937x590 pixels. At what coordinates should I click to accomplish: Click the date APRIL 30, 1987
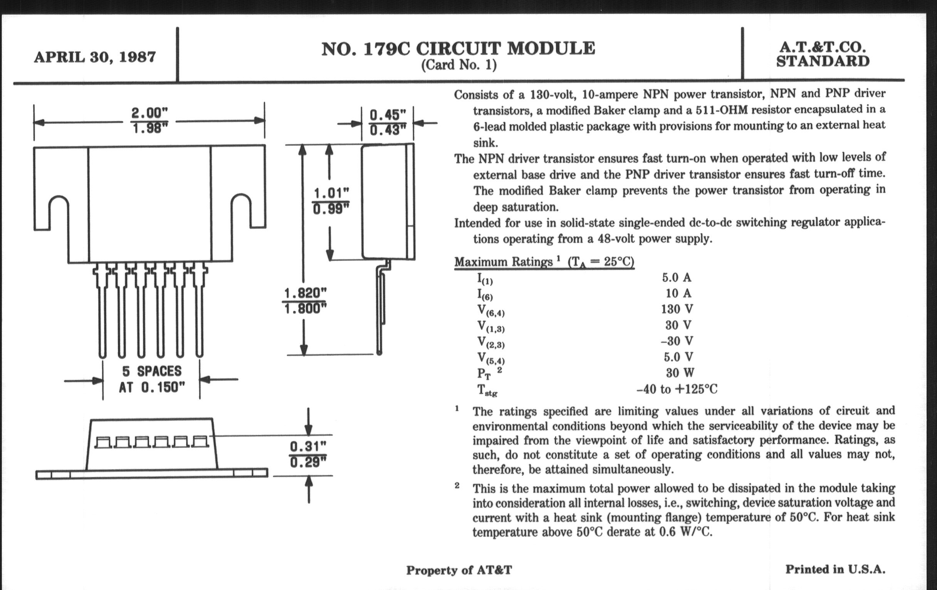pos(95,57)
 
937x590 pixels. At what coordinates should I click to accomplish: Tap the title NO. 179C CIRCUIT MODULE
pos(458,49)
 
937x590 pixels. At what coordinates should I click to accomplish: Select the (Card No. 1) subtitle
pos(459,65)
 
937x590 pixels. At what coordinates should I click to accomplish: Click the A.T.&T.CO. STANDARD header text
pos(823,54)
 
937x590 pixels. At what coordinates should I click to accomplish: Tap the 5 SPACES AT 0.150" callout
pos(151,379)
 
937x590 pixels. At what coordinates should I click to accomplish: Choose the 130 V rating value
pos(677,309)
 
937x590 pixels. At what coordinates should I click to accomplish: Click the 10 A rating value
pos(678,293)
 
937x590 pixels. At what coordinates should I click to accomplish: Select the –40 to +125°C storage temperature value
pos(677,389)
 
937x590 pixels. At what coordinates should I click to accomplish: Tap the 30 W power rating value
pos(680,373)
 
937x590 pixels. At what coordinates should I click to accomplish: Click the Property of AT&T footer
pos(459,570)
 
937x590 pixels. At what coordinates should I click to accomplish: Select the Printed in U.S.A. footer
pos(835,569)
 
